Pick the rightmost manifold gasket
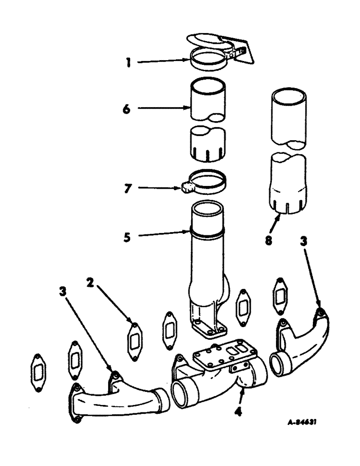point(280,296)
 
